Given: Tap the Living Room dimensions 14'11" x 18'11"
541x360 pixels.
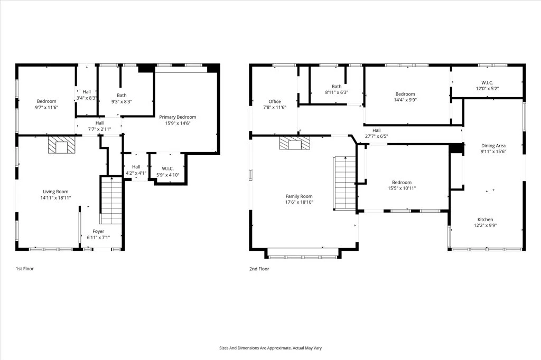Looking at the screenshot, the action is pos(55,198).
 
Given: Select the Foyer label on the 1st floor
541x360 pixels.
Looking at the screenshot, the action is pos(98,231).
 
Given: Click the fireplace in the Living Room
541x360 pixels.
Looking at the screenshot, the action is pos(61,145).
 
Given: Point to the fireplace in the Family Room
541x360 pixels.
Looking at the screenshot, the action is pos(295,143).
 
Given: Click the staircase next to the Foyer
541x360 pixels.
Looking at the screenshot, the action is pos(111,201).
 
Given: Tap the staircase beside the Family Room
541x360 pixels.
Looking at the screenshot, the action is pos(344,183).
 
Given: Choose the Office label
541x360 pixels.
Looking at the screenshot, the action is pos(275,101).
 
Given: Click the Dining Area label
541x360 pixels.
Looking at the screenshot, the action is pos(493,146).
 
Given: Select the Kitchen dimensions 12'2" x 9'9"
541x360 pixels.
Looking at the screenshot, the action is pos(485,225).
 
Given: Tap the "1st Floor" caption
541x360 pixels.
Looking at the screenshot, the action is pos(25,269).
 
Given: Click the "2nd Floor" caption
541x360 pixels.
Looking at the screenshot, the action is pos(259,269).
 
